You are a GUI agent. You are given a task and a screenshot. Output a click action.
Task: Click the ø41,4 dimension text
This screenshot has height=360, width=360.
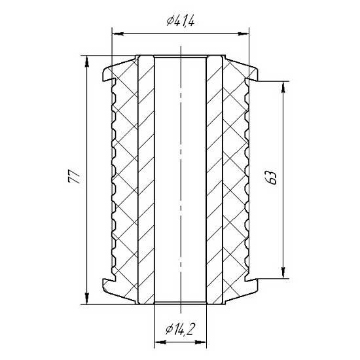pyautogui.click(x=181, y=22)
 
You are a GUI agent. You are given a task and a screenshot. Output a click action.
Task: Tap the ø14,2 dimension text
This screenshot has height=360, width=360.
pyautogui.click(x=180, y=329)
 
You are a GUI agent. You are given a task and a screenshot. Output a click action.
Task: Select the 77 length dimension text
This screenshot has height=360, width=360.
pyautogui.click(x=74, y=177)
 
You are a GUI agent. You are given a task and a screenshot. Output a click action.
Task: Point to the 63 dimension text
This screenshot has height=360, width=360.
pyautogui.click(x=272, y=177)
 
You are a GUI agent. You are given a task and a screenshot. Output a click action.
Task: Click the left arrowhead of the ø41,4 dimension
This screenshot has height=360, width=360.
pyautogui.click(x=118, y=34)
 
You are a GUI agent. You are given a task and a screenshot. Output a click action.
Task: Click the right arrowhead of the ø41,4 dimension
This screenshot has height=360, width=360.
pyautogui.click(x=243, y=34)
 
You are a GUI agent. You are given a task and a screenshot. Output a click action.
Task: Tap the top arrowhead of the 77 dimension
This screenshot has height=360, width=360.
pyautogui.click(x=87, y=62)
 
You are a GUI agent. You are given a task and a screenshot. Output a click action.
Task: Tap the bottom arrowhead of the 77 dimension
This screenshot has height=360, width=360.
pyautogui.click(x=87, y=298)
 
